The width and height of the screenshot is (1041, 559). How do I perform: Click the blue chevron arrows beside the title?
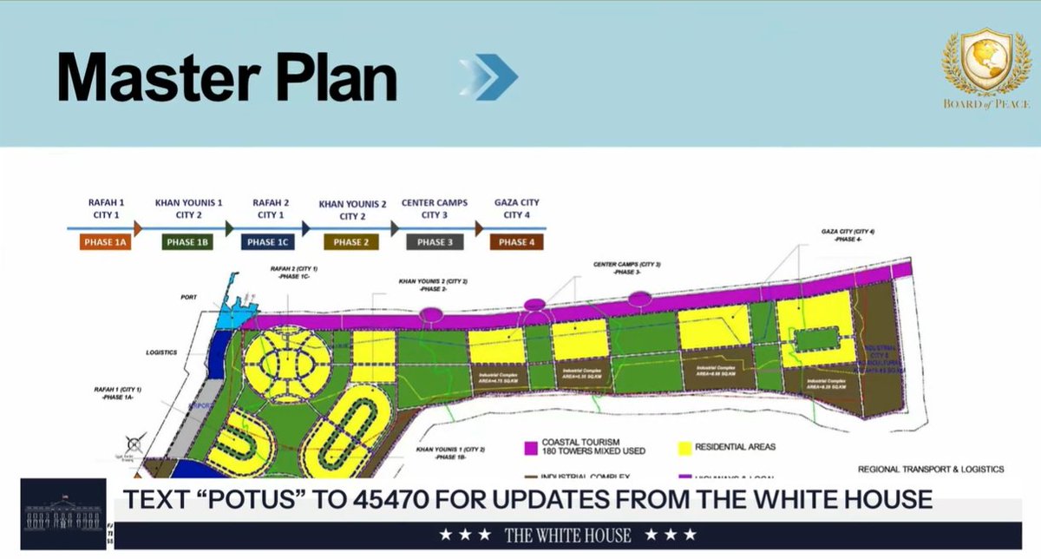[x=489, y=77]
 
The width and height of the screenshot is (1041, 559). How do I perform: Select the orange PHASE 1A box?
[x=105, y=242]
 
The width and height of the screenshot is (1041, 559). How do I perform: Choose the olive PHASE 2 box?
[x=351, y=242]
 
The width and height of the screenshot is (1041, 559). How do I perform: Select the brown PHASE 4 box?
[x=516, y=242]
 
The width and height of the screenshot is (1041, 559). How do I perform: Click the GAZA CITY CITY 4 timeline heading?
[x=516, y=209]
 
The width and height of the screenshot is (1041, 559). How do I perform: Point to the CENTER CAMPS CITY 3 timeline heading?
[x=434, y=209]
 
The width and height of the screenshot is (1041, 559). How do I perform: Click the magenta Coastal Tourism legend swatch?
[x=531, y=448]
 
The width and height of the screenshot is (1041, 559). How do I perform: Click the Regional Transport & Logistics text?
[x=930, y=469]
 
